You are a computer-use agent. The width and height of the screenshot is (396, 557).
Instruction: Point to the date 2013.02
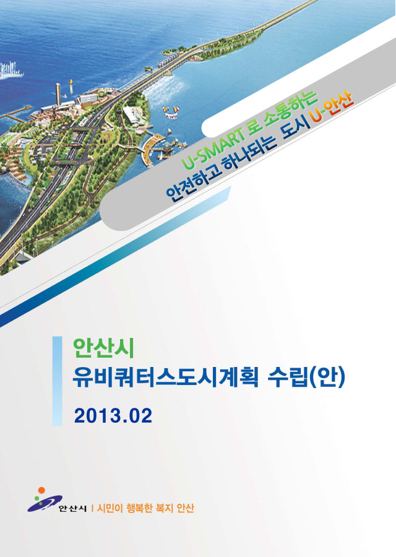pyautogui.click(x=113, y=416)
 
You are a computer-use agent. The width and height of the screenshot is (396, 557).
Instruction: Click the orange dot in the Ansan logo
pyautogui.click(x=41, y=490)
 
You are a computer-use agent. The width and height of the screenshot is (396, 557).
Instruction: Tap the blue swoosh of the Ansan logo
pyautogui.click(x=45, y=503)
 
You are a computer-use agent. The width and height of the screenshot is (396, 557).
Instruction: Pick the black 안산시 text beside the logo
pyautogui.click(x=72, y=509)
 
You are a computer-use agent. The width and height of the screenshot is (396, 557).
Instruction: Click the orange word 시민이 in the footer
pyautogui.click(x=110, y=508)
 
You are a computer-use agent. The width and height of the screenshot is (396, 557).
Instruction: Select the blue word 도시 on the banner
pyautogui.click(x=295, y=126)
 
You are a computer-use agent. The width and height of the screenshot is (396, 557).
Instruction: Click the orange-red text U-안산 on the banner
pyautogui.click(x=332, y=107)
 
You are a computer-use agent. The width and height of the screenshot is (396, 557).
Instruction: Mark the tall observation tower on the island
pyautogui.click(x=58, y=94)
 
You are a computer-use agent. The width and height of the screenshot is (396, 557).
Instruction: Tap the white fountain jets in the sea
pyautogui.click(x=11, y=71)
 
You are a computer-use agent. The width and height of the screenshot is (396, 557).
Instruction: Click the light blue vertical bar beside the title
pyautogui.click(x=57, y=381)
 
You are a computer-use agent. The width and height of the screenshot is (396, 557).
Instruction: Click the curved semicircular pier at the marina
pyautogui.click(x=152, y=147)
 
